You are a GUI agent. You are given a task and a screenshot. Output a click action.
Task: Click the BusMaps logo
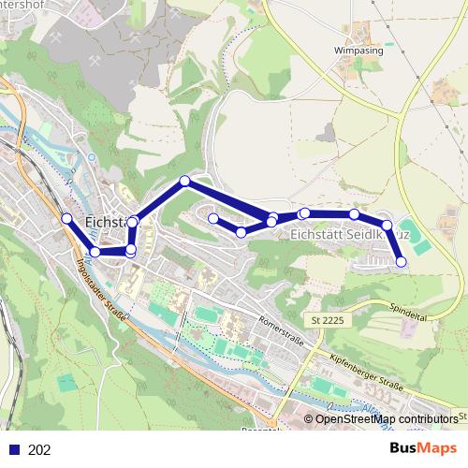click(423, 448)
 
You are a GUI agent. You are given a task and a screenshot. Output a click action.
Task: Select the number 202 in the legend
click(40, 450)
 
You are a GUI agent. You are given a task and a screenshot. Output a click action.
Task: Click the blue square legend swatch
click(14, 450)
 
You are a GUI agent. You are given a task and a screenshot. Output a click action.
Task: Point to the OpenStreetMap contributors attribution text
click(387, 419)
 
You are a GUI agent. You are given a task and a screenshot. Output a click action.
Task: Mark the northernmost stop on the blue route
click(185, 181)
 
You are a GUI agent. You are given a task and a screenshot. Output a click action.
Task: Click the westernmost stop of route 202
click(66, 219)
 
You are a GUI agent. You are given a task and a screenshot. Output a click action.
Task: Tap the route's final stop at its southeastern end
click(402, 262)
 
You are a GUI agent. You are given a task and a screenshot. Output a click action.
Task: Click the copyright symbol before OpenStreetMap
click(309, 419)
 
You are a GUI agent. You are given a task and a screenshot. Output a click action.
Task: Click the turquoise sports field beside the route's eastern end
click(420, 245)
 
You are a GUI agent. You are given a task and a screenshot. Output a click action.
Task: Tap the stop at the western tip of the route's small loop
click(213, 219)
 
